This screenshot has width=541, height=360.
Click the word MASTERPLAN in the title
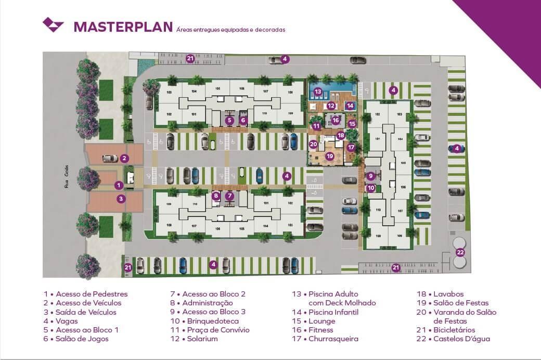123,27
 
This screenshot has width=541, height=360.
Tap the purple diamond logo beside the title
53,24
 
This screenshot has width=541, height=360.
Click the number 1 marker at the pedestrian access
119,185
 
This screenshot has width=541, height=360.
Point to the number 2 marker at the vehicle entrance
124,158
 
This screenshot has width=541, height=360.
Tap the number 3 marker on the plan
121,198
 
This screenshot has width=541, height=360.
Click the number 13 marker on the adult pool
318,92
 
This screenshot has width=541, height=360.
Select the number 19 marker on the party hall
329,156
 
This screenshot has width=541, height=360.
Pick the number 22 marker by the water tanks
460,252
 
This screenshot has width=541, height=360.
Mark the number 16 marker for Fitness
336,120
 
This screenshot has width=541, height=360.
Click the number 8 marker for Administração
216,196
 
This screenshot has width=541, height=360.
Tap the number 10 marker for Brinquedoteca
370,188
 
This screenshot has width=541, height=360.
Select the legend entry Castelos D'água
459,339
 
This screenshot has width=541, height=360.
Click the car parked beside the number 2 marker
110,158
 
